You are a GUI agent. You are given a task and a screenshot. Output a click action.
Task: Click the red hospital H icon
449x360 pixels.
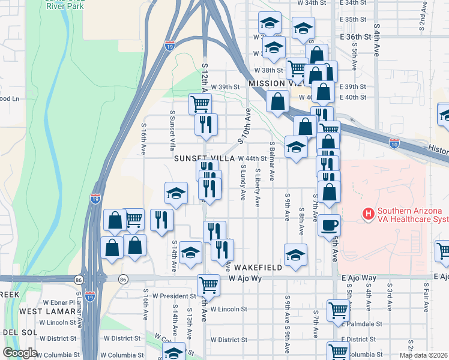pyautogui.click(x=367, y=213)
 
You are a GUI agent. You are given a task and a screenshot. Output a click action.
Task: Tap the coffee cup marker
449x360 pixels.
pyautogui.click(x=329, y=226)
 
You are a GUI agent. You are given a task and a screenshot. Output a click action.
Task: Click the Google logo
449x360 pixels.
pyautogui.click(x=20, y=353)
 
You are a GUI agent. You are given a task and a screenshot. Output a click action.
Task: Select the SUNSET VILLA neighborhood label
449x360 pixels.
pyautogui.click(x=203, y=158)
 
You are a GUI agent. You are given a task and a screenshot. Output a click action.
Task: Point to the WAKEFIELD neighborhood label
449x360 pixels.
pyautogui.click(x=258, y=267)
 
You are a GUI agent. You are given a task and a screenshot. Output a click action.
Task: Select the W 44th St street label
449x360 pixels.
pyautogui.click(x=252, y=158)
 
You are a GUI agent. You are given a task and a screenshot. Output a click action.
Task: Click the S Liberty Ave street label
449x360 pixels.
pyautogui.click(x=258, y=188)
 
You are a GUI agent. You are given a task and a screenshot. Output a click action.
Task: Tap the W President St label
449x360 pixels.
pyautogui.click(x=174, y=296)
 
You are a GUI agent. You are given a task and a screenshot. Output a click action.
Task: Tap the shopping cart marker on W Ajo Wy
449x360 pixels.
pyautogui.click(x=208, y=284)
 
